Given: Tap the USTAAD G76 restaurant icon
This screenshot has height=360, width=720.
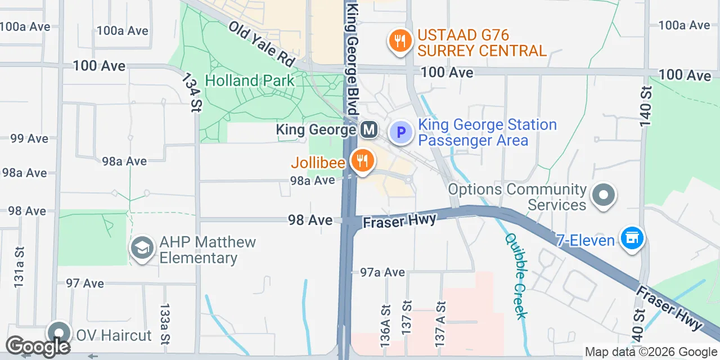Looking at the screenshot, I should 399,41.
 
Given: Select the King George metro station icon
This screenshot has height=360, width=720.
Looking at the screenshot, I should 369,130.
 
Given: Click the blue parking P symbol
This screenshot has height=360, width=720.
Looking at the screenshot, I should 401,133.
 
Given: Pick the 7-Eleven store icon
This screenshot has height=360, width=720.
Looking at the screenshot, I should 632,238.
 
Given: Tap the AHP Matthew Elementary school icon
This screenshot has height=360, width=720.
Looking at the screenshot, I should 142,247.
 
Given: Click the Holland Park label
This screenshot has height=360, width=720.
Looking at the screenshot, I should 249,80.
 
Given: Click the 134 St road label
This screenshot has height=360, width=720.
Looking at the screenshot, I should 191,93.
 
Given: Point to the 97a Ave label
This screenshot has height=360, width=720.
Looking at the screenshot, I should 382,272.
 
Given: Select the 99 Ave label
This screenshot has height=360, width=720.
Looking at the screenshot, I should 29,138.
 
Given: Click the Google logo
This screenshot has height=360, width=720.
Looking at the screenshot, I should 38,346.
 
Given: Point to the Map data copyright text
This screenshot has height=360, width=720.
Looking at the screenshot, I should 650,352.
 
